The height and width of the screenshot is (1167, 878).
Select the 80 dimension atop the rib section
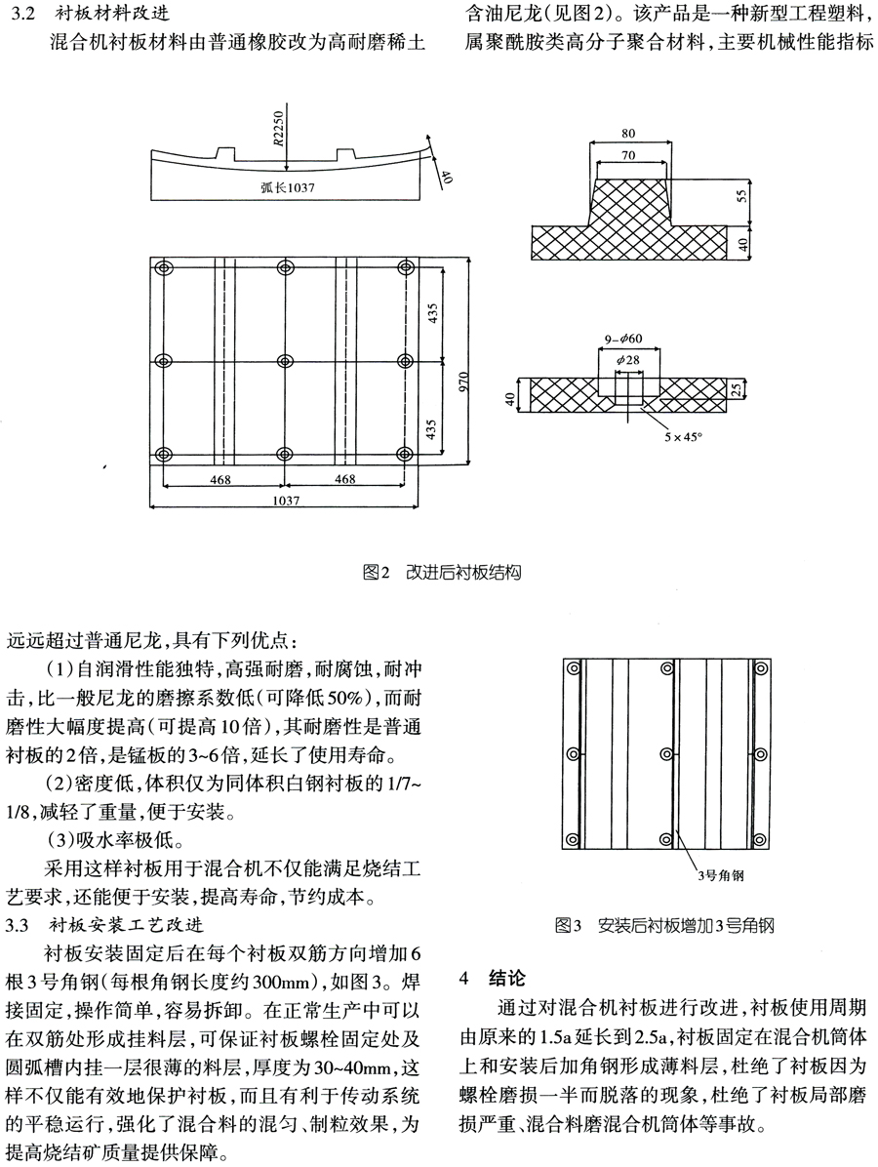coord(628,133)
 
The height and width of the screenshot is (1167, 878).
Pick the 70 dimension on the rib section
coord(628,154)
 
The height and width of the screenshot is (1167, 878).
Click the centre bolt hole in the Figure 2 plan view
coord(286,362)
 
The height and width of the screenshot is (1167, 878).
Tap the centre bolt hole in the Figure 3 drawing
coord(667,752)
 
